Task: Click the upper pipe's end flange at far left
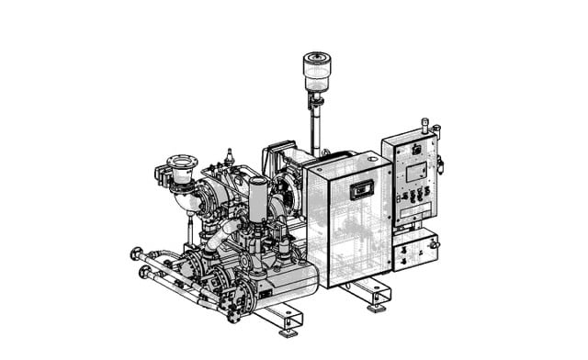(137, 254)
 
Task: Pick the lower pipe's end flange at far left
(144, 273)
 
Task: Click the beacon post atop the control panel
(424, 124)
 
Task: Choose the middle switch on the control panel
(411, 196)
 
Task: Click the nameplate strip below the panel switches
(411, 209)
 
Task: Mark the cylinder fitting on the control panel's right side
(440, 164)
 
